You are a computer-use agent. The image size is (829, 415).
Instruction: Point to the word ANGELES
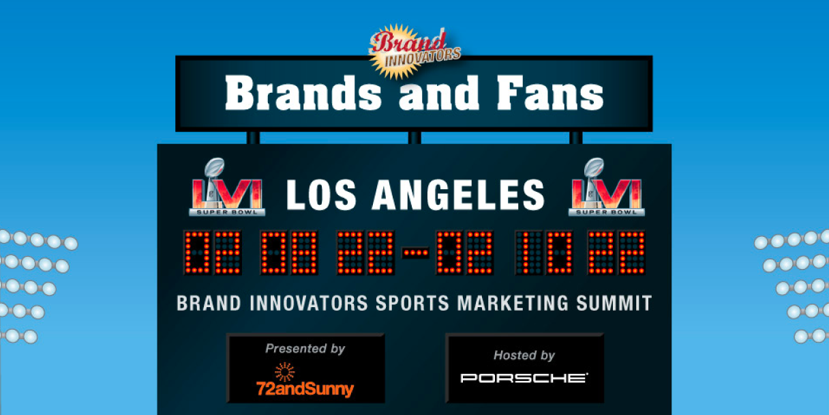459,195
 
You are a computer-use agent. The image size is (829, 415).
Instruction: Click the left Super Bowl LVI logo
226,188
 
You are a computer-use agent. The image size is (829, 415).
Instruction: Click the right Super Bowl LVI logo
605,188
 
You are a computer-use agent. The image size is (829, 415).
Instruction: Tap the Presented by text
305,349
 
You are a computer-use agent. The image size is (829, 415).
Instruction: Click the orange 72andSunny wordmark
305,390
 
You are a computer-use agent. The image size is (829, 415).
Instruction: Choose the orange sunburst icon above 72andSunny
284,371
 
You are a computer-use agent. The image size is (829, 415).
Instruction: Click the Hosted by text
524,355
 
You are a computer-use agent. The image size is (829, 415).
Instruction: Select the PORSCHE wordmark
524,377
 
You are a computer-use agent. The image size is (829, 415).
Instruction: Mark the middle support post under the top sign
414,138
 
